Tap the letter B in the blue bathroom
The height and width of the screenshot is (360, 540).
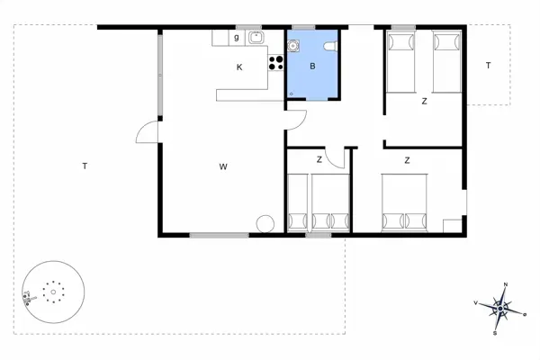(312, 67)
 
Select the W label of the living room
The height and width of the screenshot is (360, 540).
(222, 166)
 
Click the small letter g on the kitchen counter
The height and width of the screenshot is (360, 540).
(237, 38)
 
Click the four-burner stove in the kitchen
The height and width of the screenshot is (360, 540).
(276, 63)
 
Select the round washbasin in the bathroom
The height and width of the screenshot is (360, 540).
(293, 47)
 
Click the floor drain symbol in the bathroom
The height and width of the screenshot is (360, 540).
(291, 93)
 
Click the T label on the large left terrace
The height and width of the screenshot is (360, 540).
(84, 166)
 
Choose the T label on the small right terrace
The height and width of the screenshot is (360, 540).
(488, 66)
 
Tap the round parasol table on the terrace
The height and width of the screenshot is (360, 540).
(53, 291)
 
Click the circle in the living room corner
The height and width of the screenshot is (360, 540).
(265, 224)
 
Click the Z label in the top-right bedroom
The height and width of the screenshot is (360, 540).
(424, 102)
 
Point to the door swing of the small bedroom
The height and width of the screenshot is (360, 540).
(335, 157)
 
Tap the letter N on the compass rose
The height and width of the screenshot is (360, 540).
(506, 285)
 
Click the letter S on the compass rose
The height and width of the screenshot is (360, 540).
(495, 333)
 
